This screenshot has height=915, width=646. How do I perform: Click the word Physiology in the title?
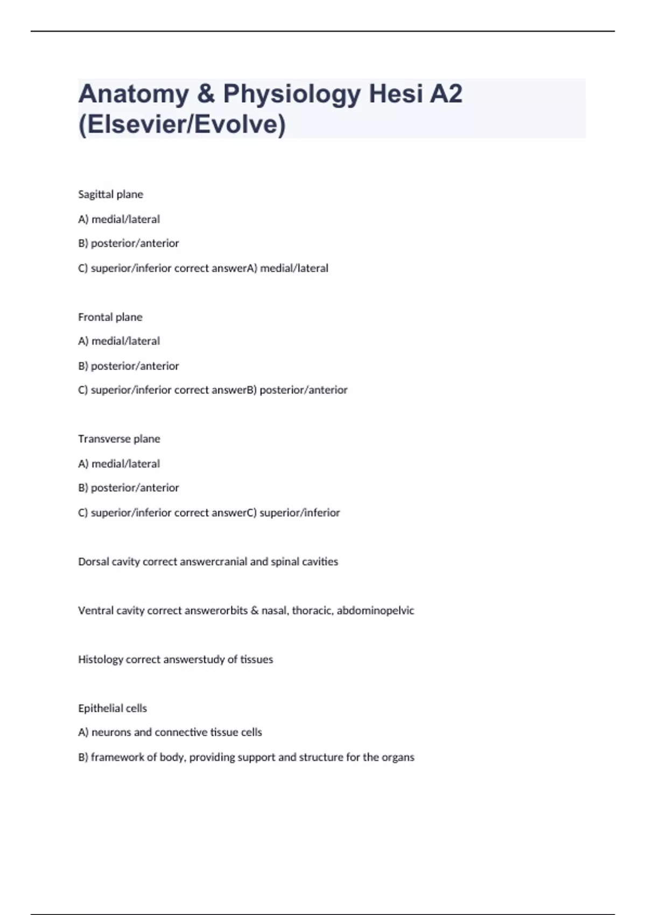[292, 94]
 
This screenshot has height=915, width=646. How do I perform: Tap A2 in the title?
[446, 94]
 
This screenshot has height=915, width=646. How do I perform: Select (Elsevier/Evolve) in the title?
[182, 124]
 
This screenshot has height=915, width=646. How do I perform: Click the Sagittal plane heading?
[110, 194]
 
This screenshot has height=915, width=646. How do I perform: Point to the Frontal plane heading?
[110, 317]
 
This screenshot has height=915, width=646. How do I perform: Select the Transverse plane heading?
[119, 439]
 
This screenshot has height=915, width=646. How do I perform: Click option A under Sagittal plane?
[119, 219]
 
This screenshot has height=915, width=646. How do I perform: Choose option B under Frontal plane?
[128, 366]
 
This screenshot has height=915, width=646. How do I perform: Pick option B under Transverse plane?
[128, 488]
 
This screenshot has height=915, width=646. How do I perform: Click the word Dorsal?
[93, 561]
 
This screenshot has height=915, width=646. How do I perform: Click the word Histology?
[101, 659]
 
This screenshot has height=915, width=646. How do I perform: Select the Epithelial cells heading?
[112, 708]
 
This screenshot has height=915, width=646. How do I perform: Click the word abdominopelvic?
[375, 610]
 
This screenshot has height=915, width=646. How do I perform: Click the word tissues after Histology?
[257, 659]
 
